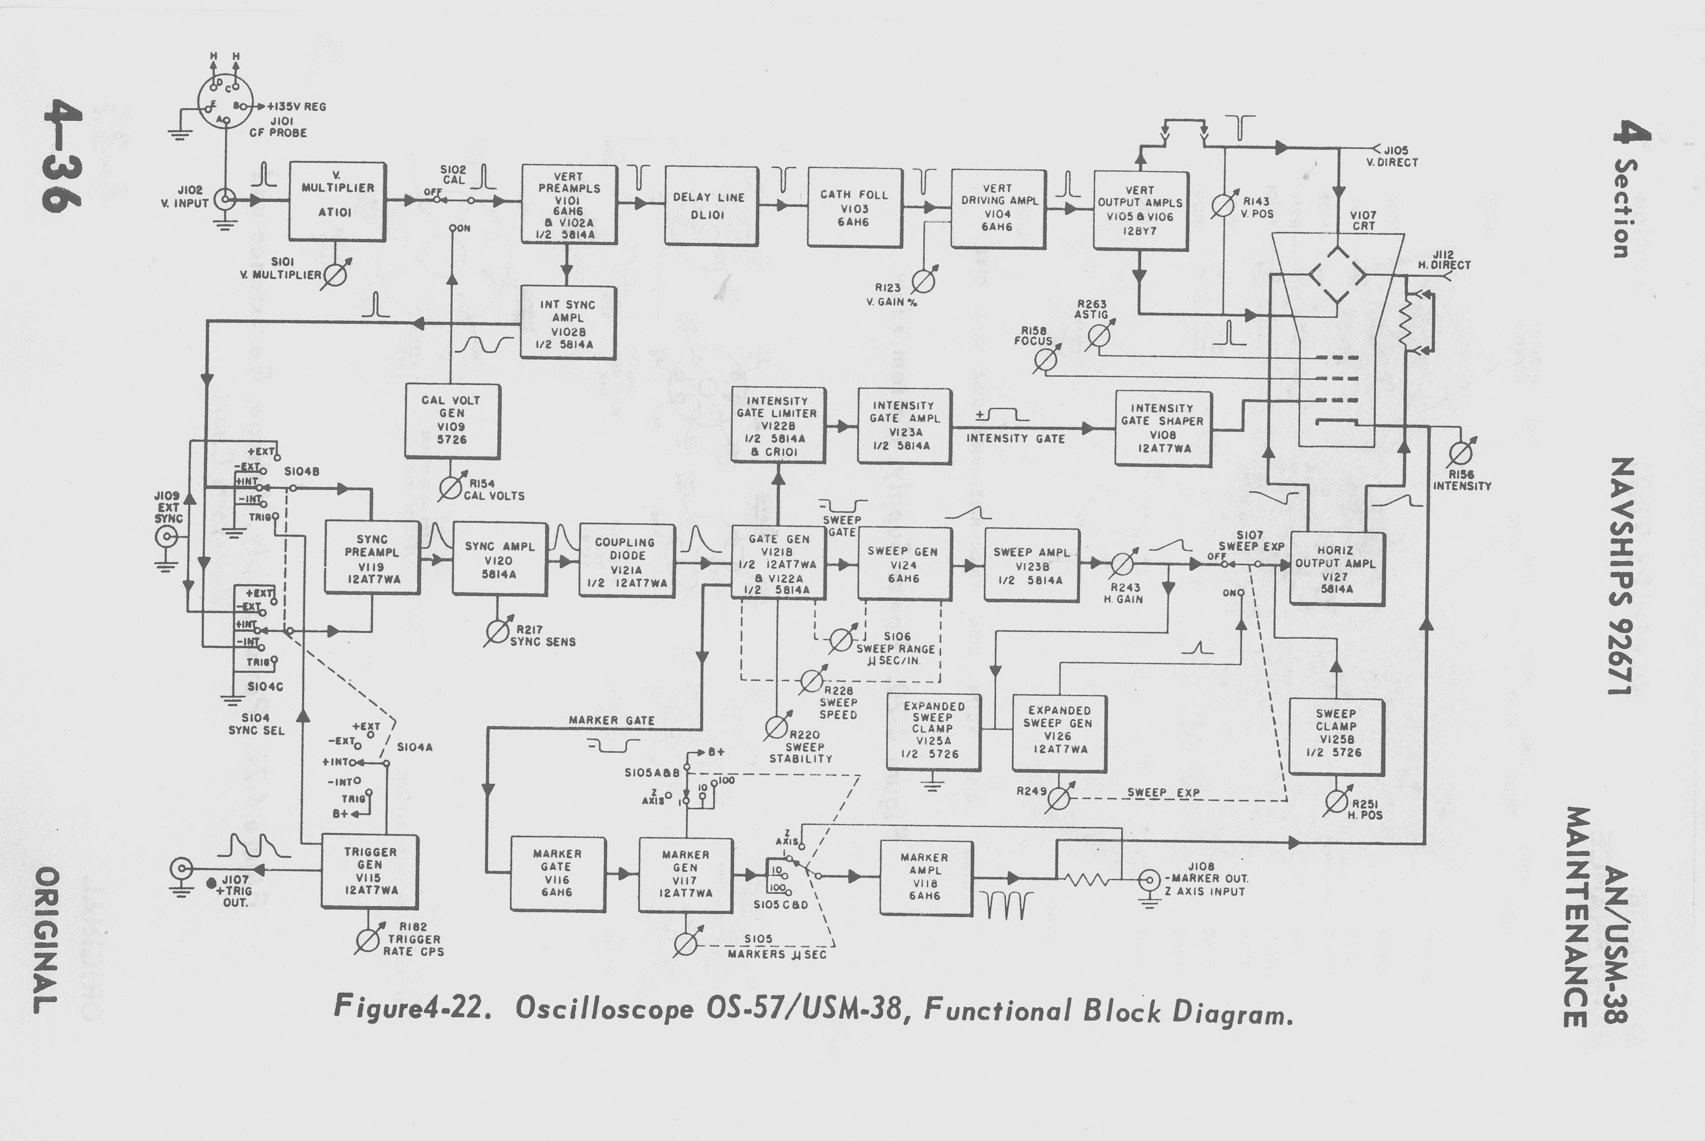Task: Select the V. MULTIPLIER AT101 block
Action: tap(337, 201)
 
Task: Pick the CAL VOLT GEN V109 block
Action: tap(452, 421)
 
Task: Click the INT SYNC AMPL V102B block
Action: tap(568, 323)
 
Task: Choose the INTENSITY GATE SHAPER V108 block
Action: tap(1162, 428)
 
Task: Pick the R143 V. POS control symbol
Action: tap(1222, 206)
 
